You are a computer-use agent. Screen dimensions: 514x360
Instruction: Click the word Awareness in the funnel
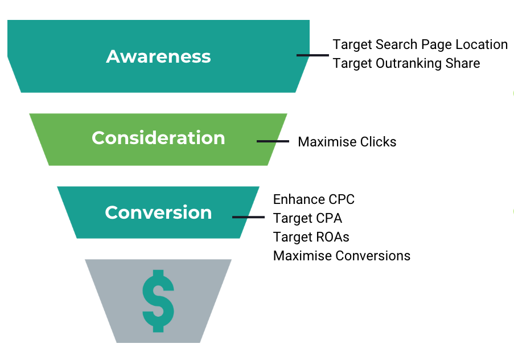point(158,56)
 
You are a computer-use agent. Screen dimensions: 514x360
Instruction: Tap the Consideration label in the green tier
point(158,138)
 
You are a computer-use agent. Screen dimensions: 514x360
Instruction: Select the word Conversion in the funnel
point(158,212)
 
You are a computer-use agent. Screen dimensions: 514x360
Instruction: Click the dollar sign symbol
point(158,301)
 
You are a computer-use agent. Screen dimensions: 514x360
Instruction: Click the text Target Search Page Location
point(420,44)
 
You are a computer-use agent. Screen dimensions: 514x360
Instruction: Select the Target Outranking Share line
point(406,63)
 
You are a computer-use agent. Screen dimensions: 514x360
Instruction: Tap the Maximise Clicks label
point(347,142)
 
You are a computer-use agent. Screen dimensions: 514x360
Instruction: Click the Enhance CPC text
point(314,199)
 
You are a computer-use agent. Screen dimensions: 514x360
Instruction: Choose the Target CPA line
point(308,218)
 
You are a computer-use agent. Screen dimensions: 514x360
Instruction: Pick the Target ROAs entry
point(311,237)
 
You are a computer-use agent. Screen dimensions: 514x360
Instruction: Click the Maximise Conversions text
point(342,256)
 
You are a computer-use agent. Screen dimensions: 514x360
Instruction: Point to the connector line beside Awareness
point(312,55)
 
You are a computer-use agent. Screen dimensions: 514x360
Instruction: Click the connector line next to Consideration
point(273,141)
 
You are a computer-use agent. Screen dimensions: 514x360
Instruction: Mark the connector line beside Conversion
point(249,217)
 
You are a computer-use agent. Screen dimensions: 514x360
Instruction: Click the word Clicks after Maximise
point(379,142)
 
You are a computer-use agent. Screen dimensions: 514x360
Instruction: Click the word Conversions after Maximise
point(373,256)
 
